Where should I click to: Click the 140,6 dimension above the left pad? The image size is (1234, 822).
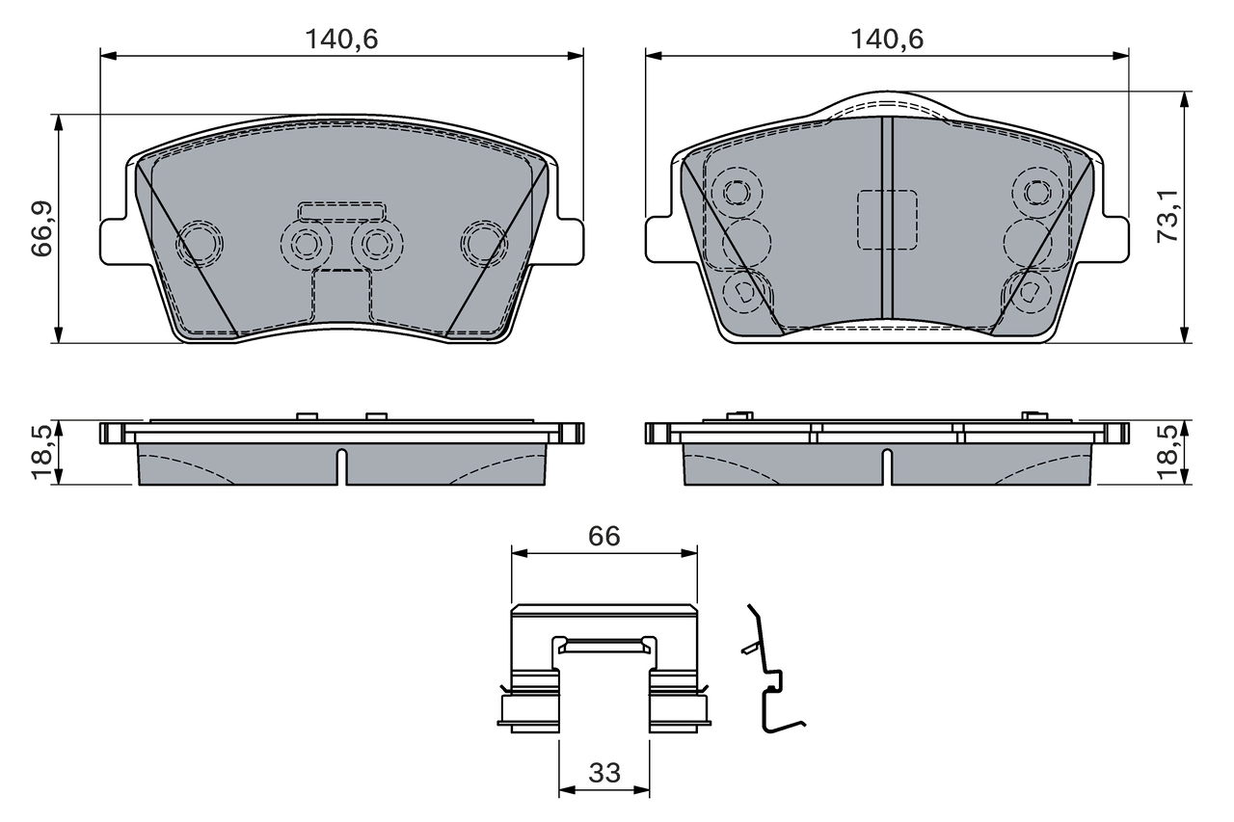[342, 40]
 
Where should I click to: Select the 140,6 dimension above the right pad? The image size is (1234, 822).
[886, 40]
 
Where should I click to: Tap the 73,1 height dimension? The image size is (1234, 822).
[1167, 217]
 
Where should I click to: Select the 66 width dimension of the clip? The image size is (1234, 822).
[604, 537]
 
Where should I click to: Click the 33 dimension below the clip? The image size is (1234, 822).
[604, 773]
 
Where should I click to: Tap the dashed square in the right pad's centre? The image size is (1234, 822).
[887, 220]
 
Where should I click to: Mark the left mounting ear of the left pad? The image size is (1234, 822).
[114, 240]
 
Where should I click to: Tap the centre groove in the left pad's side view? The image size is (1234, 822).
[341, 466]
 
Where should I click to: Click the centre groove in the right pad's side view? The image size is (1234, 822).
[886, 466]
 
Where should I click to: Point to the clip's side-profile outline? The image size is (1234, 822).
[770, 675]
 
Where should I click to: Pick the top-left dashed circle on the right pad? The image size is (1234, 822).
[738, 193]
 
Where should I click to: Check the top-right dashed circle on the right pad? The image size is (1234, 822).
[1037, 193]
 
